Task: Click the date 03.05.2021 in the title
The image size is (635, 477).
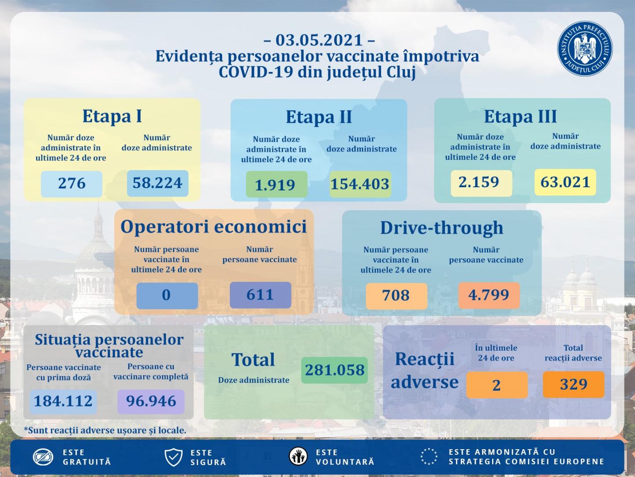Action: pyautogui.click(x=319, y=40)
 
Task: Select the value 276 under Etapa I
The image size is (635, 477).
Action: pyautogui.click(x=71, y=183)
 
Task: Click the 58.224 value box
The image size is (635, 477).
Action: pyautogui.click(x=157, y=183)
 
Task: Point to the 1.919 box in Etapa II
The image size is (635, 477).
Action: pyautogui.click(x=276, y=185)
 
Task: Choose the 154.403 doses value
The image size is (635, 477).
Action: pyautogui.click(x=360, y=184)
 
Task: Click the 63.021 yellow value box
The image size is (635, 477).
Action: pyautogui.click(x=565, y=182)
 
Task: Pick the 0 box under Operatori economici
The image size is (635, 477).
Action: pyautogui.click(x=167, y=295)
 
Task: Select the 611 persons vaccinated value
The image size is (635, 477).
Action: pyautogui.click(x=260, y=295)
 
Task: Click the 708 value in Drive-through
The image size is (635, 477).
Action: pyautogui.click(x=396, y=295)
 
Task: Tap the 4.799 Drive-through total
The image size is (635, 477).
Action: pyautogui.click(x=489, y=295)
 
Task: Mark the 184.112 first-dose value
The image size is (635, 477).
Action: pyautogui.click(x=63, y=401)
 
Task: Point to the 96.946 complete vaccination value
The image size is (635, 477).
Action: pyautogui.click(x=151, y=401)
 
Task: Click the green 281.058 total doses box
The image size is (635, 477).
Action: pyautogui.click(x=335, y=370)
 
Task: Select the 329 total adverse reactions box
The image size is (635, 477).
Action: pyautogui.click(x=573, y=384)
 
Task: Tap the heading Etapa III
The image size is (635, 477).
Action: pyautogui.click(x=520, y=117)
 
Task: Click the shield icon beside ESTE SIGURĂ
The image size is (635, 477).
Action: pyautogui.click(x=173, y=457)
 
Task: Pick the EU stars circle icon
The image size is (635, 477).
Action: pyautogui.click(x=429, y=457)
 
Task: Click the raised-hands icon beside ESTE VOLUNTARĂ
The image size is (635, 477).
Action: pyautogui.click(x=299, y=457)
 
